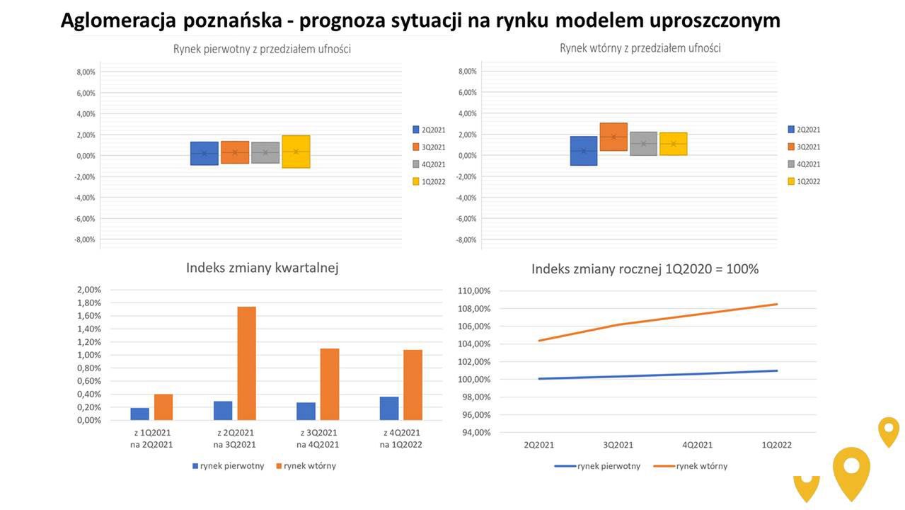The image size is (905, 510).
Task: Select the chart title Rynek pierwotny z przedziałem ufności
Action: [x=262, y=49]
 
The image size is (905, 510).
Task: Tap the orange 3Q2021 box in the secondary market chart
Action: [x=613, y=137]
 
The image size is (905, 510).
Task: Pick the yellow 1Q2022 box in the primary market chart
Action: [x=296, y=152]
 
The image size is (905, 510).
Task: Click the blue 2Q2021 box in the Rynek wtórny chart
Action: [x=584, y=151]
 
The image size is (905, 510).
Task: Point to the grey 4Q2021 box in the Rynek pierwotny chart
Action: [x=265, y=152]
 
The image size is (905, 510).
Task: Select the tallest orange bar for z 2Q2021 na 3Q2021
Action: [x=246, y=363]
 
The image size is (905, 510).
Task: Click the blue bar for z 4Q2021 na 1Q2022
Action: [x=388, y=409]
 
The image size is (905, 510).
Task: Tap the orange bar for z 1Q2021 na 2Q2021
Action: [x=163, y=407]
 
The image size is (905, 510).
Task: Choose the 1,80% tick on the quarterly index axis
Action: [x=88, y=302]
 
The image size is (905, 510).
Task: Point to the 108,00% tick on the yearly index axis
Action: [x=474, y=309]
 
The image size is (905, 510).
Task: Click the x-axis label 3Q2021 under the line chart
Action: [x=618, y=445]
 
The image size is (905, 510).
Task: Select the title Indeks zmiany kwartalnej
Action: [x=262, y=268]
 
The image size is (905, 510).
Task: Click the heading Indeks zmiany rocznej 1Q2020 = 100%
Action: [x=645, y=269]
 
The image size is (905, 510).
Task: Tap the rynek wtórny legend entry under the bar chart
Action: [x=306, y=466]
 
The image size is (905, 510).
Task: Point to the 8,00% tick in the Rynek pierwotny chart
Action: [x=86, y=72]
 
